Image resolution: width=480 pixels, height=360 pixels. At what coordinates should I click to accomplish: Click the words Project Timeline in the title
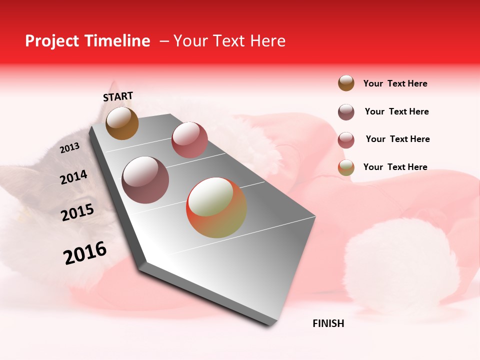(87, 41)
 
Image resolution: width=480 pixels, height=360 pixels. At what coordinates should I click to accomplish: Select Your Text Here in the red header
(229, 41)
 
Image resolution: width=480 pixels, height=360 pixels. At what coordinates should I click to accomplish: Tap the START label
(118, 96)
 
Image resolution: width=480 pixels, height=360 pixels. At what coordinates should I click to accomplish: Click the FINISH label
(328, 323)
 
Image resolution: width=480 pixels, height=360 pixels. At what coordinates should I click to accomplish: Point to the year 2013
(69, 148)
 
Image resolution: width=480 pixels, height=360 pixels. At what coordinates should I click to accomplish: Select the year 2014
(73, 177)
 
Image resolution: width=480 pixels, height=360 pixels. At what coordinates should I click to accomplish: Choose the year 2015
(77, 212)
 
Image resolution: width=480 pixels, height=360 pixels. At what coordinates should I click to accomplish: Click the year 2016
(85, 253)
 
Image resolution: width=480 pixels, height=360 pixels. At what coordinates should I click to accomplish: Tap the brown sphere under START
(122, 123)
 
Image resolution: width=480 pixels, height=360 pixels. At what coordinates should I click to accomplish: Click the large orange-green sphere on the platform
(216, 207)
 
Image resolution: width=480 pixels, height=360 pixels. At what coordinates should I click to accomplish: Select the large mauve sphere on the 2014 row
(145, 180)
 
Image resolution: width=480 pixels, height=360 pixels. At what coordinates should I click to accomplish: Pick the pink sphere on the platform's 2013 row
(189, 140)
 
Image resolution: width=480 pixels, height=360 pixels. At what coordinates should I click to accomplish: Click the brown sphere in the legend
(346, 83)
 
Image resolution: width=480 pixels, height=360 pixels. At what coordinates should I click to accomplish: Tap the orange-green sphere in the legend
(346, 167)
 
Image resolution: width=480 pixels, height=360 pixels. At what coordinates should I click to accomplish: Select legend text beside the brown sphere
(395, 83)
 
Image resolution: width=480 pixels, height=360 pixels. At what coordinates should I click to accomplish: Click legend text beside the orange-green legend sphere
(395, 167)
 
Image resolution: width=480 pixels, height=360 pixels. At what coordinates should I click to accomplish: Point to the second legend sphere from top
(346, 112)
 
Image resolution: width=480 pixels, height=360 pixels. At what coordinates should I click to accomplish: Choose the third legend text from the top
(397, 139)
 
